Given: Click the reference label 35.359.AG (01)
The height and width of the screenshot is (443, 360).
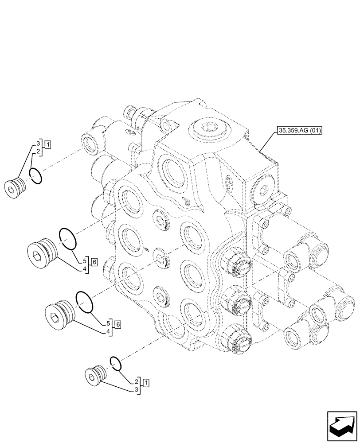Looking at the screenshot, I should pyautogui.click(x=300, y=130).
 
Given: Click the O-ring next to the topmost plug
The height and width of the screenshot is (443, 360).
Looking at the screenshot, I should pyautogui.click(x=36, y=176).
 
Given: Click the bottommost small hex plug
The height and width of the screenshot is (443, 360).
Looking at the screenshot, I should pyautogui.click(x=94, y=375).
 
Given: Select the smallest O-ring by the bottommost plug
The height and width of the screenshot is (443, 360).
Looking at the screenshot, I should pyautogui.click(x=115, y=363).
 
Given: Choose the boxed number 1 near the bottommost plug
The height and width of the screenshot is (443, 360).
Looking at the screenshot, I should pyautogui.click(x=146, y=381).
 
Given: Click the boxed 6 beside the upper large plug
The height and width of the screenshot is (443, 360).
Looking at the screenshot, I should pyautogui.click(x=94, y=262).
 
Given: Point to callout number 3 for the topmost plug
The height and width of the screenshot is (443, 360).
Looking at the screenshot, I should pyautogui.click(x=39, y=144).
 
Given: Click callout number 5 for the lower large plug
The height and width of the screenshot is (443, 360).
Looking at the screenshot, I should pyautogui.click(x=109, y=322).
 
